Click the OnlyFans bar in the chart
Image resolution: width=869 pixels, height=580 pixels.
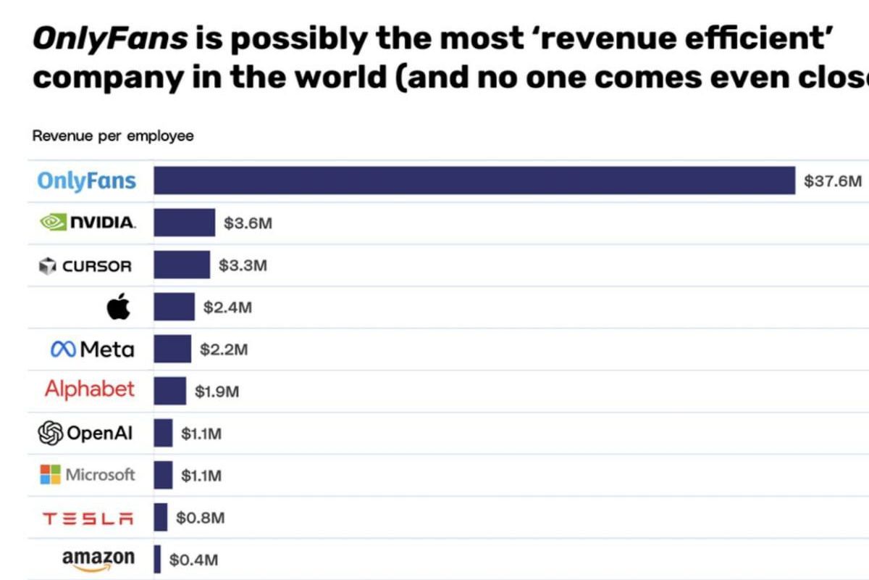tap(474, 181)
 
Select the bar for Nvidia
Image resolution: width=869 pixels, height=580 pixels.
tap(185, 223)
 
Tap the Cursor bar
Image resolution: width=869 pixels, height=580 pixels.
tap(182, 265)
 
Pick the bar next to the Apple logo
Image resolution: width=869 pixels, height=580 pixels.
tap(174, 307)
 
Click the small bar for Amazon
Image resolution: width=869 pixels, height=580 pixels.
tap(157, 559)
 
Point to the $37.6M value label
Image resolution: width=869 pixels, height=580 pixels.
tap(833, 181)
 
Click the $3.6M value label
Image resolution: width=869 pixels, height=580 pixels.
tap(248, 223)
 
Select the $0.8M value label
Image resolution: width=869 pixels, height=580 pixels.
tap(200, 518)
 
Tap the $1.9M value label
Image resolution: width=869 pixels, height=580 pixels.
tap(217, 391)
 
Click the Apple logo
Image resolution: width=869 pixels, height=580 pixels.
tap(119, 307)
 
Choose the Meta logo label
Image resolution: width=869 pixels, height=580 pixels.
tap(92, 349)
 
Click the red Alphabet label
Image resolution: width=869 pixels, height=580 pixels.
tap(90, 389)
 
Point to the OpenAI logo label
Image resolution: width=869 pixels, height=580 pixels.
tap(85, 434)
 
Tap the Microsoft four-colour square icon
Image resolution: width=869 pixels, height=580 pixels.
tap(50, 476)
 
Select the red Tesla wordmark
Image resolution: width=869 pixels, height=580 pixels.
tap(88, 518)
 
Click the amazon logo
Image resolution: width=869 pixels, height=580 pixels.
tap(98, 559)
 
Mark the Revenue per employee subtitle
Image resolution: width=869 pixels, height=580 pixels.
tap(113, 136)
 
